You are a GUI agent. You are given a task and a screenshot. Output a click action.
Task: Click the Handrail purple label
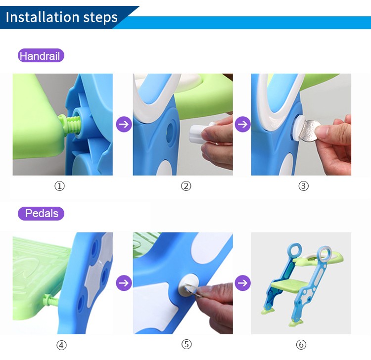click(x=41, y=56)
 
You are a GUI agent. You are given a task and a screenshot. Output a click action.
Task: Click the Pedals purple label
click(x=41, y=214)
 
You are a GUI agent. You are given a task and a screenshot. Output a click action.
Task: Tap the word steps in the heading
click(x=101, y=17)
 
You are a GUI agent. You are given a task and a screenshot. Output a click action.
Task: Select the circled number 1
click(x=60, y=186)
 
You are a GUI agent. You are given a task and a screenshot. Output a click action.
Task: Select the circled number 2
click(x=186, y=186)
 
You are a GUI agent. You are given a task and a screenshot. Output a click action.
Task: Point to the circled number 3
click(x=303, y=186)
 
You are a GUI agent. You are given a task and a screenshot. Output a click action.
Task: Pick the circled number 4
click(x=62, y=345)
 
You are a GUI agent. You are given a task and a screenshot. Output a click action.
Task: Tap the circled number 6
click(x=301, y=345)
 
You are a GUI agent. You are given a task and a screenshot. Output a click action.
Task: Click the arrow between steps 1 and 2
click(x=124, y=124)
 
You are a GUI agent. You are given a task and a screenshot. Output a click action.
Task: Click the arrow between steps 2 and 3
click(x=242, y=124)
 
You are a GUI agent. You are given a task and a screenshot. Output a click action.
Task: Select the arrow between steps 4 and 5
click(x=124, y=283)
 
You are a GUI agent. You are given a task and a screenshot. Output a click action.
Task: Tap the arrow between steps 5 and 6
click(x=242, y=283)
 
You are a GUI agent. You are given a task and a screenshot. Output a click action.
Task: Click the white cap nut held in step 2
click(x=200, y=133)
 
